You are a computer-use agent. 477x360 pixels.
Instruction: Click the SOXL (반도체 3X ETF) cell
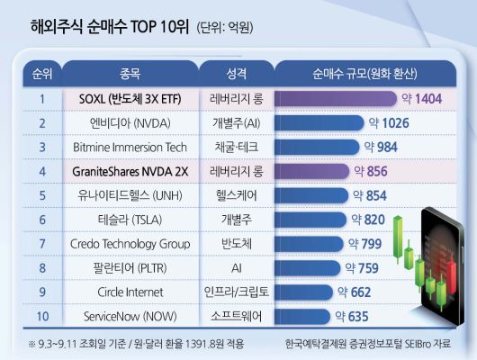pyautogui.click(x=130, y=97)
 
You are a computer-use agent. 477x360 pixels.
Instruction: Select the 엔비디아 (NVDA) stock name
pyautogui.click(x=130, y=121)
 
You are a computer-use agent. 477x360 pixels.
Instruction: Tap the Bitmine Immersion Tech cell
pyautogui.click(x=130, y=146)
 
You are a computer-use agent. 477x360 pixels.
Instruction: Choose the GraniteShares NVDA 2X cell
pyautogui.click(x=130, y=170)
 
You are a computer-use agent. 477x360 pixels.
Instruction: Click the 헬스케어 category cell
pyautogui.click(x=233, y=194)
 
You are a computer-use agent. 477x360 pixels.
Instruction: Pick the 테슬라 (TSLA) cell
pyautogui.click(x=130, y=219)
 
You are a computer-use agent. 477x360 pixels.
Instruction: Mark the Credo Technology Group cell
pyautogui.click(x=130, y=243)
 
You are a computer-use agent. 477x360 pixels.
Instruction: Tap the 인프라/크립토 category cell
pyautogui.click(x=233, y=292)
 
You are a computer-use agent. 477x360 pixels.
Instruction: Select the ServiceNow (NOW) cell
pyautogui.click(x=130, y=316)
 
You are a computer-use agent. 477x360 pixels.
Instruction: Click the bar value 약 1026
pyautogui.click(x=389, y=121)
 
